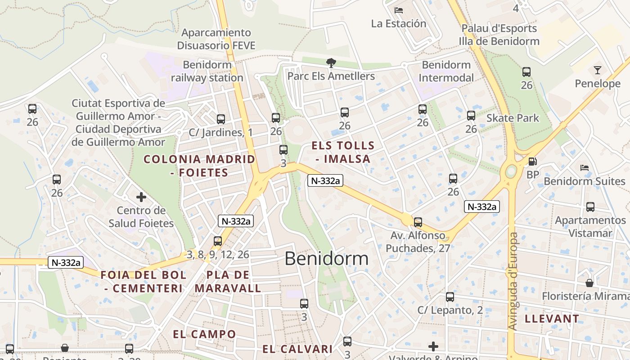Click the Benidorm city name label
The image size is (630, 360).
point(326,259)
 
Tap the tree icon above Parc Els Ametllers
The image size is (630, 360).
point(331,63)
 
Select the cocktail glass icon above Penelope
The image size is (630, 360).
point(597,70)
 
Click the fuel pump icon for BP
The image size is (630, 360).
point(532,161)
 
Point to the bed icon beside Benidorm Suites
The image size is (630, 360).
point(585,168)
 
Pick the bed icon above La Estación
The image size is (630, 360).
point(398,10)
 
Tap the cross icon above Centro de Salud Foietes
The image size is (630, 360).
point(141,197)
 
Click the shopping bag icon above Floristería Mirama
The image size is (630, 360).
point(589,283)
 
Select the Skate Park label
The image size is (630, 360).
point(513,118)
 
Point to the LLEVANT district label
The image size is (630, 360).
point(552,319)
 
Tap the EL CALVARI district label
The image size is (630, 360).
point(297,349)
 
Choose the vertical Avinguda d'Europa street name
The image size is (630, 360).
point(513,281)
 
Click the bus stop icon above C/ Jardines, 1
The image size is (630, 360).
point(220,119)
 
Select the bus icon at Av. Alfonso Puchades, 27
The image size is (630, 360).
point(418,222)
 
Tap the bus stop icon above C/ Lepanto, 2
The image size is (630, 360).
point(450,297)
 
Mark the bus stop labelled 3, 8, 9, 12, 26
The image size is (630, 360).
point(218,241)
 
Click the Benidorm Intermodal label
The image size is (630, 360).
point(446,71)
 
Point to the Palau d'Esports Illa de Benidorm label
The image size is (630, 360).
point(499,35)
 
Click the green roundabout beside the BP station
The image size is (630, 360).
point(511,171)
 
